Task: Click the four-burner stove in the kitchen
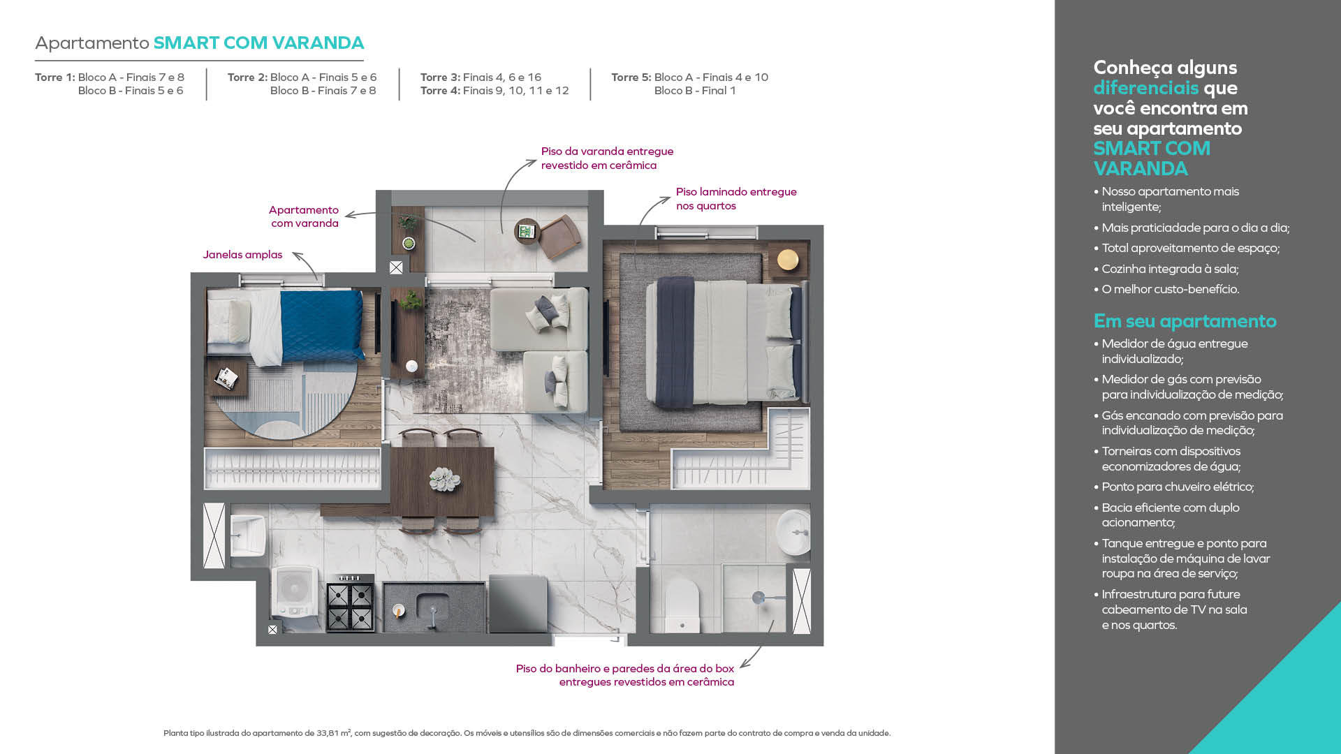pos(350,605)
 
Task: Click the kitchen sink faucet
pos(433,612)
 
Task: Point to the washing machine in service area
pos(295,593)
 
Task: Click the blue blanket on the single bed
pos(322,325)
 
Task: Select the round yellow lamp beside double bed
pos(788,260)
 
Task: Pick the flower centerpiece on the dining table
pos(444,479)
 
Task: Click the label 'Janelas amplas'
pos(242,255)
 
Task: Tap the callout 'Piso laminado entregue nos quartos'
pos(735,198)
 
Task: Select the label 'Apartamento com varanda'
pos(304,216)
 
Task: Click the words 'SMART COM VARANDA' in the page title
pos(258,43)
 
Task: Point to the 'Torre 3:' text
pos(439,77)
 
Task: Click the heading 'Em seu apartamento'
pos(1185,321)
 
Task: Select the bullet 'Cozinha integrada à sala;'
pos(1170,269)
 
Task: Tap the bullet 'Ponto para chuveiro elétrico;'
pos(1178,487)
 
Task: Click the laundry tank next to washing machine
pos(247,535)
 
